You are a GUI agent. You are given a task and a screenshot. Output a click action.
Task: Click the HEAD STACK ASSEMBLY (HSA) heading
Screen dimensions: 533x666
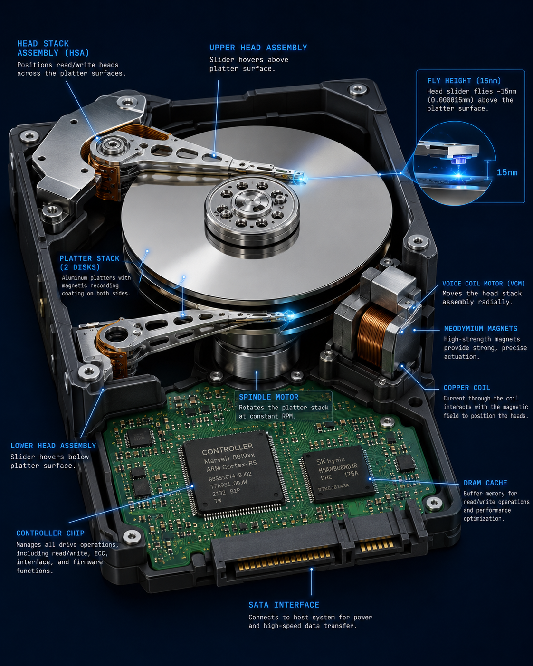(x=53, y=48)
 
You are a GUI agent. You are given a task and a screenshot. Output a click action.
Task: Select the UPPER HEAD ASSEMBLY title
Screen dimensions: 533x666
(x=258, y=48)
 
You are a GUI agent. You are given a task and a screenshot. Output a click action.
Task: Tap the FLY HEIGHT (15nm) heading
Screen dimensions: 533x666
(x=464, y=81)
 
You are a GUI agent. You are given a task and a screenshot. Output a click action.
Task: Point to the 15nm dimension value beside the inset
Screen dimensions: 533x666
(x=507, y=172)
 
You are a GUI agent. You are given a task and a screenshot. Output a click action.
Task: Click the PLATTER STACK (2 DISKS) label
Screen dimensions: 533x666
(x=89, y=263)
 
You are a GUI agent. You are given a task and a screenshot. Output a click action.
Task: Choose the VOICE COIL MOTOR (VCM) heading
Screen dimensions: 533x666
(x=484, y=284)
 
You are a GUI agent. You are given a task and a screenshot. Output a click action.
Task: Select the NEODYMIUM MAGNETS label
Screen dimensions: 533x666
(x=481, y=328)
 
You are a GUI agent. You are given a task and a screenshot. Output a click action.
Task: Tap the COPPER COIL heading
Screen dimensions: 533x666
(x=467, y=388)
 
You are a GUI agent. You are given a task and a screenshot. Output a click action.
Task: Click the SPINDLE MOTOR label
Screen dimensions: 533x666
(x=269, y=397)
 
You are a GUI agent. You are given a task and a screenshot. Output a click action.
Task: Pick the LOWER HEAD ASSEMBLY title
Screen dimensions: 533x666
(x=53, y=446)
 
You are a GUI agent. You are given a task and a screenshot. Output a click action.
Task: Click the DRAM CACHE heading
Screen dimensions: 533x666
(x=485, y=483)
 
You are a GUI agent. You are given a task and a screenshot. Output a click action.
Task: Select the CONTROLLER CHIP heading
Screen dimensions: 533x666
(x=50, y=533)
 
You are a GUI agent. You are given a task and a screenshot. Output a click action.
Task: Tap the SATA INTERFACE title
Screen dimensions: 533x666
(x=284, y=605)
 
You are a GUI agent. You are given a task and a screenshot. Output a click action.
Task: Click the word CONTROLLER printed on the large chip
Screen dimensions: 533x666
(x=228, y=449)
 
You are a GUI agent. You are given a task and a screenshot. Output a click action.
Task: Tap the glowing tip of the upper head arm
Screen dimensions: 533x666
(x=302, y=179)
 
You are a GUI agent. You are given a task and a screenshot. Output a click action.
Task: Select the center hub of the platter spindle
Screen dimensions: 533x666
(x=251, y=201)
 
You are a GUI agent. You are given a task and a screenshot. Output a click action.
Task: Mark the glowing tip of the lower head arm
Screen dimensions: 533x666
(x=289, y=316)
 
